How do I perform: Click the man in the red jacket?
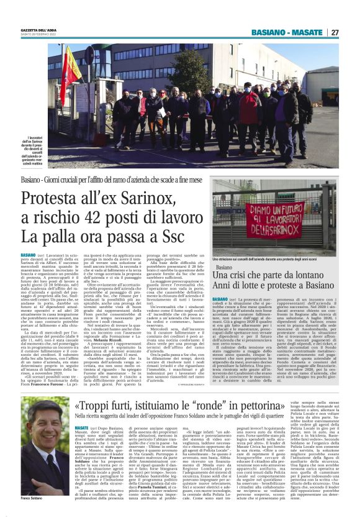pyautogui.click(x=251, y=112)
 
